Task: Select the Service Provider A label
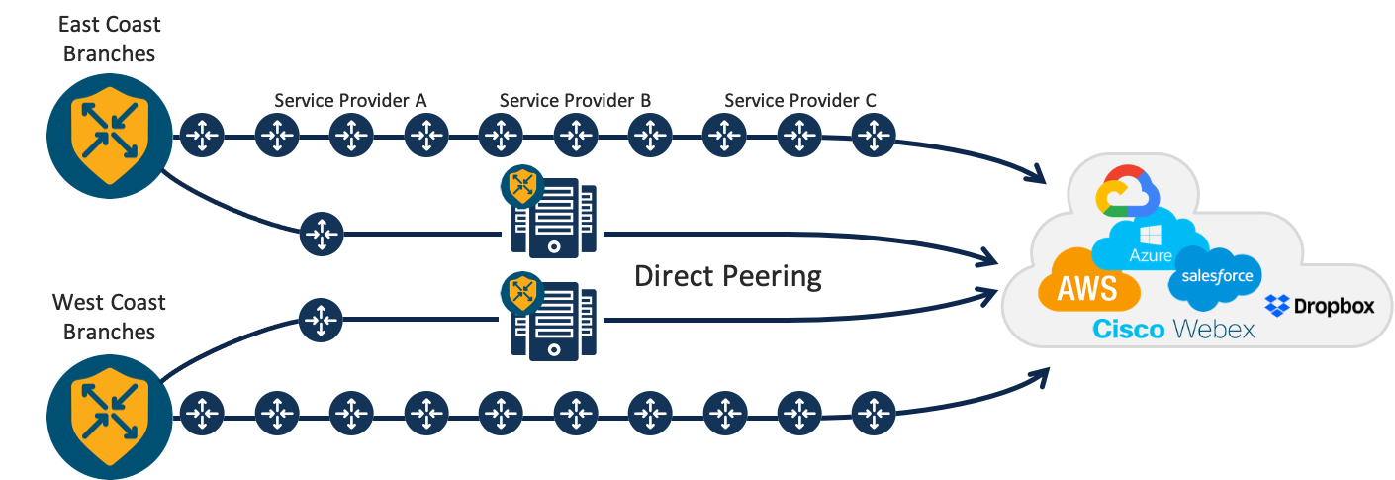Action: tap(350, 101)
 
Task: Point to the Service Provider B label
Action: tap(575, 101)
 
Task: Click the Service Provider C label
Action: tap(800, 101)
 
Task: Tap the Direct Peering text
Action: tap(728, 276)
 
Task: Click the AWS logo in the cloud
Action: tap(1088, 288)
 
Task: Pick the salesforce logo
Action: tap(1216, 276)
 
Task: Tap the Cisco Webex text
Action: tap(1173, 330)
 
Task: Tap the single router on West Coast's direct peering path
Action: tap(321, 320)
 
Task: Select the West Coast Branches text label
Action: tap(109, 317)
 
